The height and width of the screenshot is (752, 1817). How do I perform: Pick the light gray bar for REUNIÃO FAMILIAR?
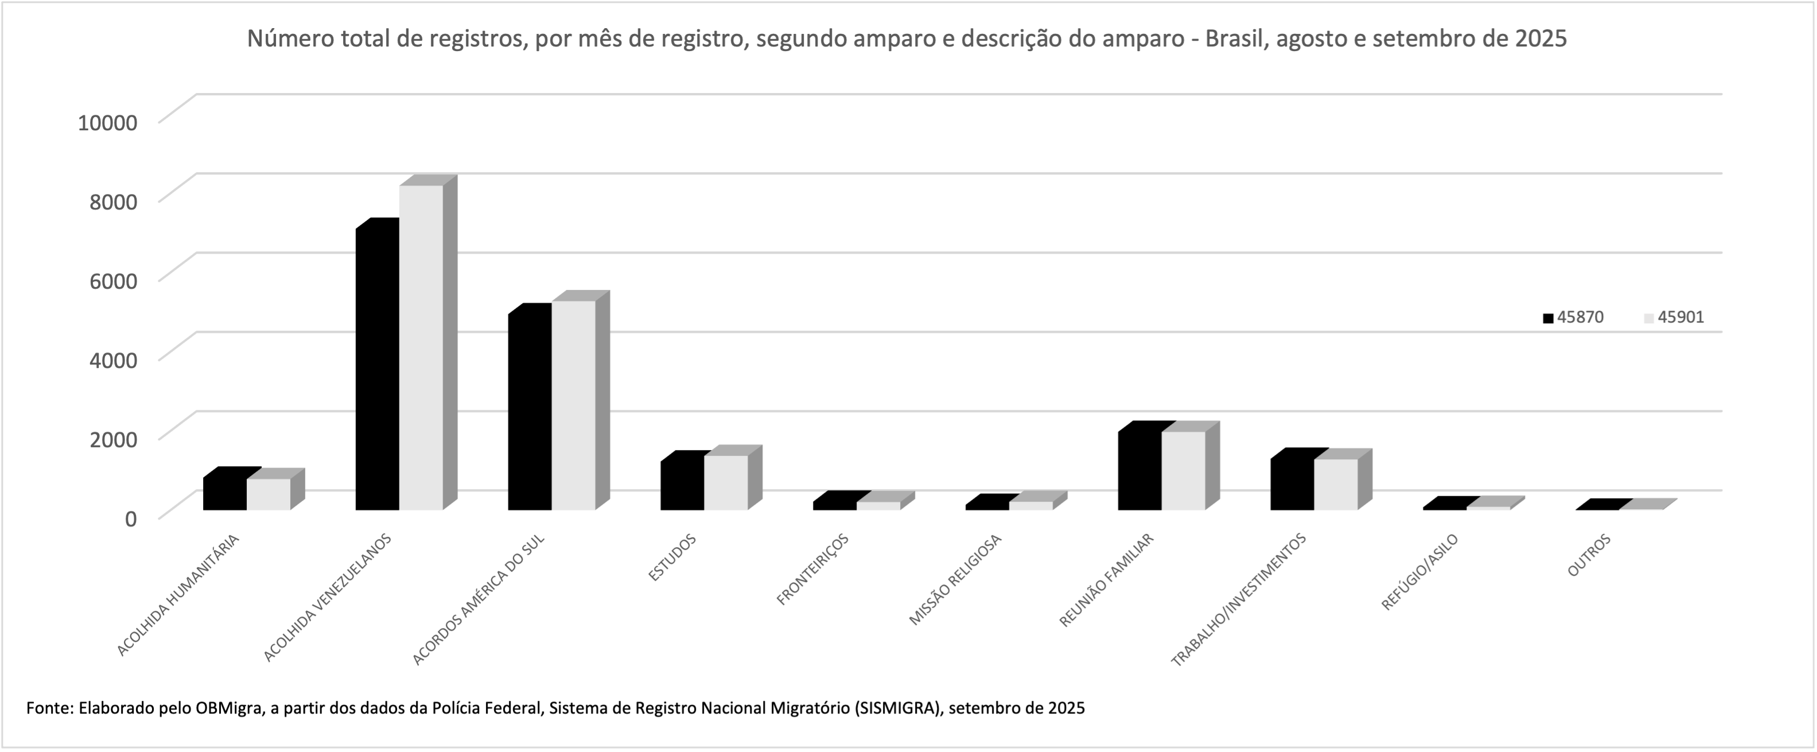pos(1183,471)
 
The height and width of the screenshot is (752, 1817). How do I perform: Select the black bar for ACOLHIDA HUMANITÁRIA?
pos(225,494)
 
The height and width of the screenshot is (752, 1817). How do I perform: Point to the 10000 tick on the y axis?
pos(108,123)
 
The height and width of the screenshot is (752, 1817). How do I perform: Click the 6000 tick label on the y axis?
pos(114,281)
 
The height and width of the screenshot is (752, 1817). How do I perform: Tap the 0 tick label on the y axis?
pos(130,518)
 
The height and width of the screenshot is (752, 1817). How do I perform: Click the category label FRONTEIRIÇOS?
pos(812,569)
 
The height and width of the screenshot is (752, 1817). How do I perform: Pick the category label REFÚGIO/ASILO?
pos(1419,572)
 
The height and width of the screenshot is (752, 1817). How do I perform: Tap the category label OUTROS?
pos(1589,555)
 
